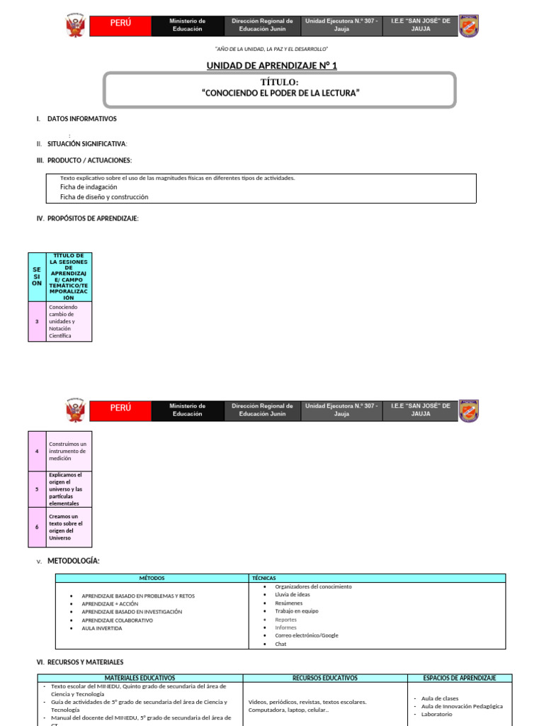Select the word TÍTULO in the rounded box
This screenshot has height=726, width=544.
tap(274, 83)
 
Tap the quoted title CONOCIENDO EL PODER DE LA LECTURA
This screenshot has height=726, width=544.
tap(276, 94)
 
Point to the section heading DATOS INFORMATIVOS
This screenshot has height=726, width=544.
tap(81, 119)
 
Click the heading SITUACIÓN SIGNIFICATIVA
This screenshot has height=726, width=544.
tap(86, 143)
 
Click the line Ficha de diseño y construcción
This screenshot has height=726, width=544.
tap(104, 197)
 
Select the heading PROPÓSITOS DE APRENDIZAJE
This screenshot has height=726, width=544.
tap(93, 218)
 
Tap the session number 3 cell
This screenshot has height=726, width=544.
tap(37, 321)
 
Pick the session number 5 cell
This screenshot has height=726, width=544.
tap(37, 489)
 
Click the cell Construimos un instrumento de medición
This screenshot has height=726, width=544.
tap(68, 451)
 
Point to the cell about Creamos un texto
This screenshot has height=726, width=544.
tap(68, 527)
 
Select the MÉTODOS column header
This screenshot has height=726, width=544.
tap(152, 578)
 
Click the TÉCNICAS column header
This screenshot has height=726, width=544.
tap(263, 578)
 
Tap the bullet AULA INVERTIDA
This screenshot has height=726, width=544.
tap(101, 629)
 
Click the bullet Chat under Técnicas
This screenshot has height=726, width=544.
tap(280, 644)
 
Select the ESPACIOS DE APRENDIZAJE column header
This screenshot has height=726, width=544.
tap(458, 678)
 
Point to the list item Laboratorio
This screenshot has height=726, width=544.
tap(436, 714)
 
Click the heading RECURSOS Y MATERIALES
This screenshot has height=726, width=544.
tap(85, 662)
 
